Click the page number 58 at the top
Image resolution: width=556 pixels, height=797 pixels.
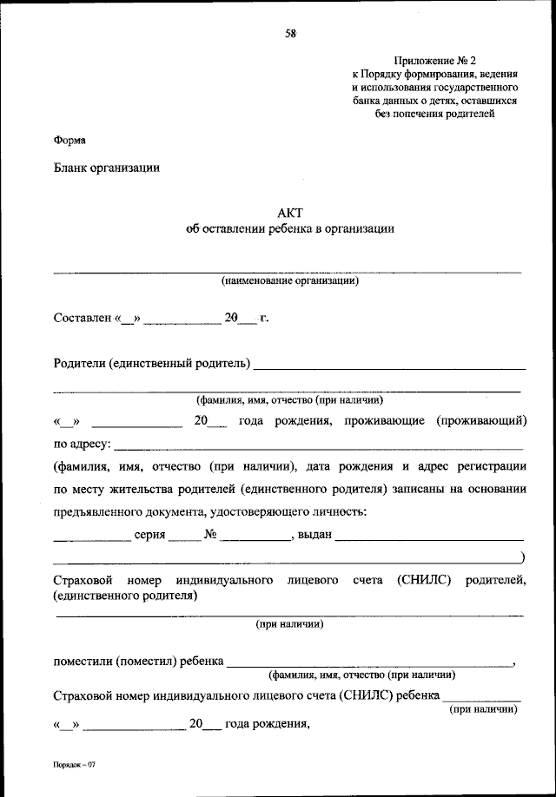pyautogui.click(x=290, y=34)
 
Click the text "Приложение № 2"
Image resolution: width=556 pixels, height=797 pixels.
pyautogui.click(x=435, y=61)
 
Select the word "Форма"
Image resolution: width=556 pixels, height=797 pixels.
pyautogui.click(x=69, y=140)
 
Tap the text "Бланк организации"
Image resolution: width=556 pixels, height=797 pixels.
pyautogui.click(x=107, y=168)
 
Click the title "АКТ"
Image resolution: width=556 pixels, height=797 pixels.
pyautogui.click(x=290, y=213)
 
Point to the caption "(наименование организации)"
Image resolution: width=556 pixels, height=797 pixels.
pyautogui.click(x=289, y=280)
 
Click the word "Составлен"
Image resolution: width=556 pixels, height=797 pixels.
pyautogui.click(x=82, y=319)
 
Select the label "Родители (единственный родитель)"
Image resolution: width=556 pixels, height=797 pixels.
pyautogui.click(x=152, y=362)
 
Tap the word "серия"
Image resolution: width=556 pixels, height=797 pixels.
pyautogui.click(x=149, y=534)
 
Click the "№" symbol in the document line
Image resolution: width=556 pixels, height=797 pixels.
pyautogui.click(x=210, y=534)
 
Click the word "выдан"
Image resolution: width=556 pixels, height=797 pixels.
pyautogui.click(x=314, y=534)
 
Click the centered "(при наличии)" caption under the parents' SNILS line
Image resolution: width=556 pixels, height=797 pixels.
pyautogui.click(x=290, y=623)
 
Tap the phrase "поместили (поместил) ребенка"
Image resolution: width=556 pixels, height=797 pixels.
pyautogui.click(x=137, y=661)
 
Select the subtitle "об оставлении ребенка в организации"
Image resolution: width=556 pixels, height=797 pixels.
pyautogui.click(x=290, y=230)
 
